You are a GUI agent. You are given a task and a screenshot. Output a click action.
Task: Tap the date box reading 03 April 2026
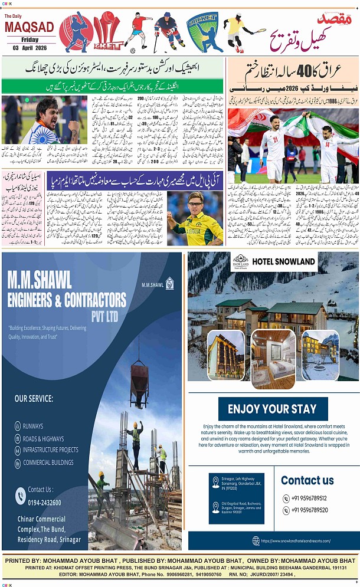click(x=30, y=47)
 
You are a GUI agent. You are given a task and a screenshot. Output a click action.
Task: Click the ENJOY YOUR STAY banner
click(x=272, y=409)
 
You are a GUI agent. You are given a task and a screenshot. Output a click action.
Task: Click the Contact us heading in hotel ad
click(x=307, y=480)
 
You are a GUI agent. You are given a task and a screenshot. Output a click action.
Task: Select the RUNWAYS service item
click(x=33, y=425)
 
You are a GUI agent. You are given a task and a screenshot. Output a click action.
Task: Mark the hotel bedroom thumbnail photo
click(x=273, y=358)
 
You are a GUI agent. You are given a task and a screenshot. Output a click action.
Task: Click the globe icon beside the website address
click(x=256, y=541)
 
